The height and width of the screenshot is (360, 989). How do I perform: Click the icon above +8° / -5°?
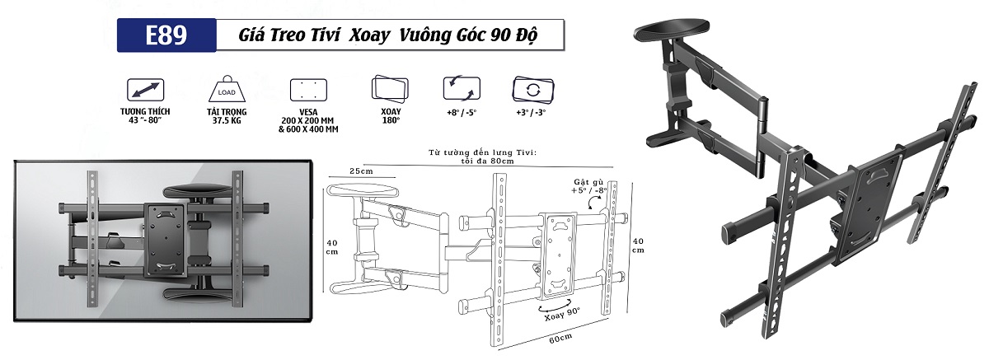tap(461, 88)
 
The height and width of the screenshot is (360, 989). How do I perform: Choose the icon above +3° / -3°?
tap(530, 88)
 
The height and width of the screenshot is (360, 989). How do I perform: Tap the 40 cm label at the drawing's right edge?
tap(636, 245)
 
